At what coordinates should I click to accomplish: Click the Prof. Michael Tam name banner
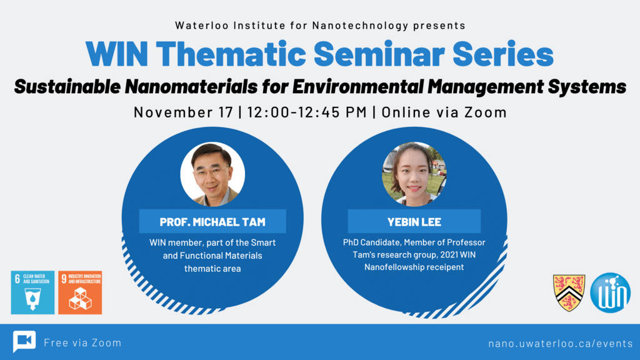[212, 222]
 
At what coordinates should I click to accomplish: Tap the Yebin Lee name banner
[414, 222]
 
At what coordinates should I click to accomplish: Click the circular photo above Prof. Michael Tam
[212, 174]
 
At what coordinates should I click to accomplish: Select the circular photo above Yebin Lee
[414, 174]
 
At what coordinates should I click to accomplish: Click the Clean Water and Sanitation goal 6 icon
[32, 292]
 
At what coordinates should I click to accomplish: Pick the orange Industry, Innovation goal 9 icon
[80, 292]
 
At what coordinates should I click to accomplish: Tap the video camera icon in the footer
[24, 342]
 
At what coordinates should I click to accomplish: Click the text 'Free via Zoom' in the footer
[82, 342]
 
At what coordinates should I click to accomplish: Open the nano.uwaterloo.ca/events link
[560, 343]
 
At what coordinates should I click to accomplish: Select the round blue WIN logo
[611, 292]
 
